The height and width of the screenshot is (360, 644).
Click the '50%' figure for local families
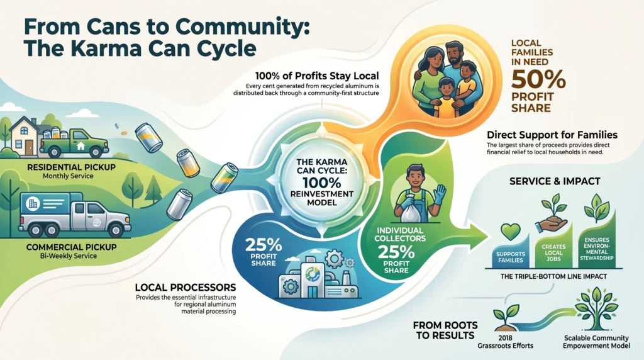pyautogui.click(x=538, y=80)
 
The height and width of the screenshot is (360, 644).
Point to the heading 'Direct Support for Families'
pyautogui.click(x=552, y=135)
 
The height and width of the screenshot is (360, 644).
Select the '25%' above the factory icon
pyautogui.click(x=264, y=245)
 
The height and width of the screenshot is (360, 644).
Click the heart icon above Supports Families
pyautogui.click(x=511, y=232)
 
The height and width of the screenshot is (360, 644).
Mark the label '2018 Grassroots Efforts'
pyautogui.click(x=505, y=342)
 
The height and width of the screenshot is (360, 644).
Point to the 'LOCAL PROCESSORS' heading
pyautogui.click(x=186, y=287)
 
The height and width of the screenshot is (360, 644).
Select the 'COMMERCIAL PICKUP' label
pyautogui.click(x=72, y=247)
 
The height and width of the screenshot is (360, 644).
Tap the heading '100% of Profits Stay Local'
pyautogui.click(x=317, y=76)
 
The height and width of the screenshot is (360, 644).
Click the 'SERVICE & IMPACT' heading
pyautogui.click(x=555, y=181)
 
